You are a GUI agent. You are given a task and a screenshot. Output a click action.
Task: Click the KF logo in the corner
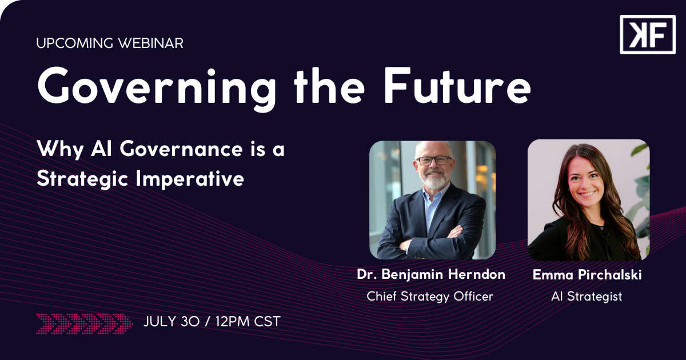(647, 35)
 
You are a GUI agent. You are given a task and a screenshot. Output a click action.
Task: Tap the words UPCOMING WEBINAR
(110, 43)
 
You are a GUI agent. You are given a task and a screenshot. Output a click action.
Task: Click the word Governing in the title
(157, 87)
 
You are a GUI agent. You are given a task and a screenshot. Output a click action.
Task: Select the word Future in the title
(457, 85)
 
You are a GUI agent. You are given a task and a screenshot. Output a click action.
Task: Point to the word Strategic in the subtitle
(82, 179)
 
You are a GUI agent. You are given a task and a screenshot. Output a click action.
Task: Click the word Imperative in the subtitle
(190, 179)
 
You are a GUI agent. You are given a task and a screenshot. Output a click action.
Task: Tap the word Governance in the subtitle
(181, 149)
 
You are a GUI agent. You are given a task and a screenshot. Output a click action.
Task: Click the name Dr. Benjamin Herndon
(431, 274)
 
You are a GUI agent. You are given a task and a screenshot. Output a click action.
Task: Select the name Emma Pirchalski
(587, 275)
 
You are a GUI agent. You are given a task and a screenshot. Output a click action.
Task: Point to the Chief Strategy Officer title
(430, 297)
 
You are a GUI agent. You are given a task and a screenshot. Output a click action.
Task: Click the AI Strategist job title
(587, 297)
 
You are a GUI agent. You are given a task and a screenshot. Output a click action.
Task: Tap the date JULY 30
(171, 321)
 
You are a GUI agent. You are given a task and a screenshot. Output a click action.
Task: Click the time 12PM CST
(248, 321)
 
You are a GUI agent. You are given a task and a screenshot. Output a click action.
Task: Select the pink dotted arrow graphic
(85, 323)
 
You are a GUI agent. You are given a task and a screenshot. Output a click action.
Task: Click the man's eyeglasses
(434, 161)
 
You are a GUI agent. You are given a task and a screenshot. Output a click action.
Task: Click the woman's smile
(588, 194)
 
